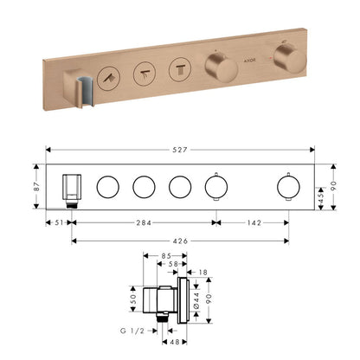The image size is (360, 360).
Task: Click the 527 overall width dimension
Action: pyautogui.click(x=180, y=150)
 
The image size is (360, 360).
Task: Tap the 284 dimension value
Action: pyautogui.click(x=144, y=222)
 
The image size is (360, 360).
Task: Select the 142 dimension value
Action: pyautogui.click(x=254, y=222)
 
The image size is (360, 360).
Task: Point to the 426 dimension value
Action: pyautogui.click(x=180, y=241)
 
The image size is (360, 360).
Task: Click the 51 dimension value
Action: pyautogui.click(x=59, y=222)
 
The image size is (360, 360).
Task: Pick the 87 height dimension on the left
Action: pyautogui.click(x=36, y=186)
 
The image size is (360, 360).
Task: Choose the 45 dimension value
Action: pyautogui.click(x=321, y=197)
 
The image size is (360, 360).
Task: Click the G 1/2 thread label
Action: pyautogui.click(x=132, y=331)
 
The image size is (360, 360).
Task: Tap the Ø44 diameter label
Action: pyautogui.click(x=196, y=301)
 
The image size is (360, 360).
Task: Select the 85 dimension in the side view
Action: pyautogui.click(x=166, y=256)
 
